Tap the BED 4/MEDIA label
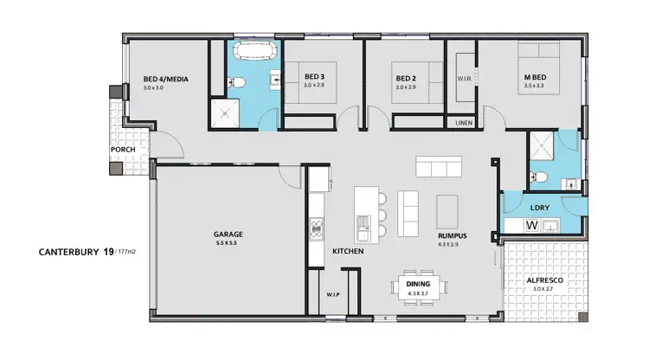click(166, 80)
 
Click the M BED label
click(533, 77)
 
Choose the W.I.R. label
click(463, 79)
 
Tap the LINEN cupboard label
click(463, 124)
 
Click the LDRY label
click(540, 208)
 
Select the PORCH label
click(122, 150)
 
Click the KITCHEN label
click(347, 251)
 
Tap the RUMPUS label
click(452, 234)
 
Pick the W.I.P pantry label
click(332, 294)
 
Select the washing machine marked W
click(532, 226)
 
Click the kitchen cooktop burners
click(317, 229)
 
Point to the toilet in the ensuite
click(541, 177)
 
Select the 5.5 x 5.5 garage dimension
click(228, 243)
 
